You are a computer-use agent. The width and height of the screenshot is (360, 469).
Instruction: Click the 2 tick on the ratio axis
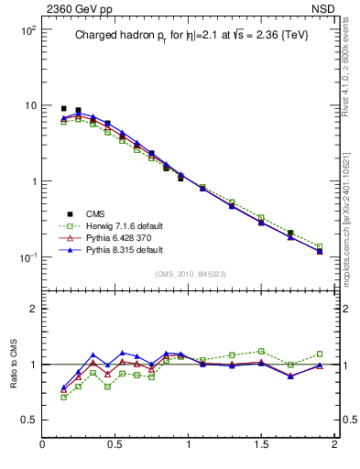(31, 310)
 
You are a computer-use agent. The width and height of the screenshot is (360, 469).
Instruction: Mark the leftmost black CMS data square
(63, 108)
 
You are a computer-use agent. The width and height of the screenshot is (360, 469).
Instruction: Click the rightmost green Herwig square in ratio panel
(320, 354)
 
